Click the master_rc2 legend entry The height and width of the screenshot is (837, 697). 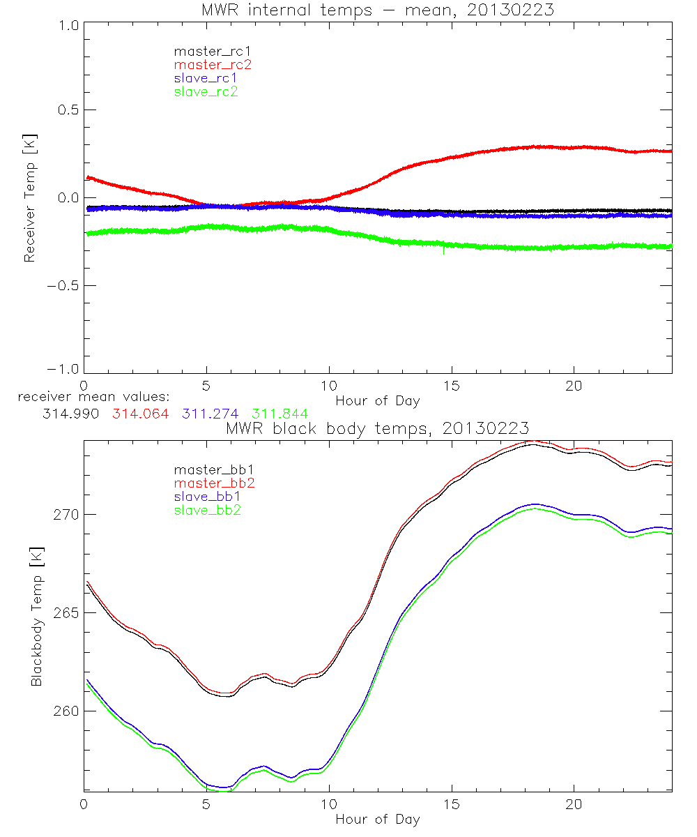[213, 65]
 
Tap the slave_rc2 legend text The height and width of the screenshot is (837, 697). [206, 91]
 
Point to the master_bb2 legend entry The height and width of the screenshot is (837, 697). [213, 484]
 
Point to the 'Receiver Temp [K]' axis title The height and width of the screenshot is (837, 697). [29, 198]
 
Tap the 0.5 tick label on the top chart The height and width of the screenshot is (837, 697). [66, 110]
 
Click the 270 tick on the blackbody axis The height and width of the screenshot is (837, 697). [66, 515]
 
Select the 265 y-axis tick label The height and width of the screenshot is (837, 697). [66, 613]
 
